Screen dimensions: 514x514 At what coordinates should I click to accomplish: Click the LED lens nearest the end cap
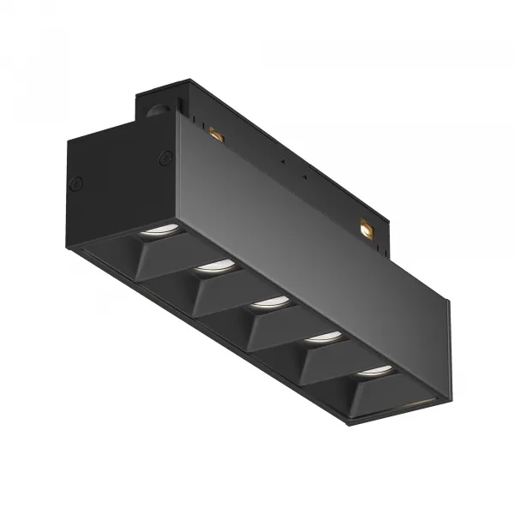[160, 230]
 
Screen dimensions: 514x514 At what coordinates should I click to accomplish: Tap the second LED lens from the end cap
[214, 266]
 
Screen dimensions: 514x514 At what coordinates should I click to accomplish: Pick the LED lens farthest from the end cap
[374, 371]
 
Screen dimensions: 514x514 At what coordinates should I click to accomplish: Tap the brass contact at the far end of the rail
[367, 229]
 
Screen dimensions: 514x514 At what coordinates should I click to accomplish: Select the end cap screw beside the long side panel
[165, 158]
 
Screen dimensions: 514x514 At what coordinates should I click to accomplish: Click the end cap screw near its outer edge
[76, 182]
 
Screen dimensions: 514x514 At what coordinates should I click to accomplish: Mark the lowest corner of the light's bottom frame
[347, 423]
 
